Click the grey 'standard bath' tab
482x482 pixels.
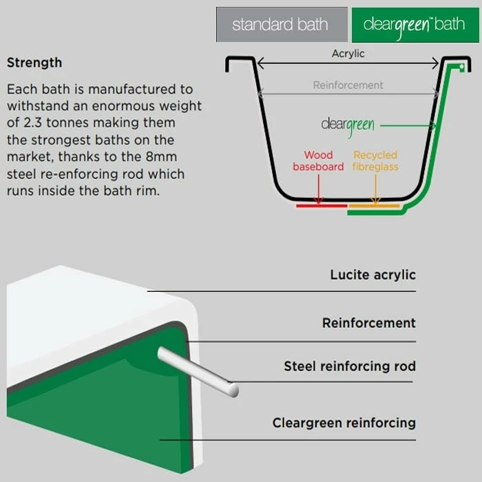coord(281,25)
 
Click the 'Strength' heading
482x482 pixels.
coord(34,63)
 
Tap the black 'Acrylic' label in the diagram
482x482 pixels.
coord(348,53)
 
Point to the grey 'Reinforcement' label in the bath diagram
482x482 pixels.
coord(348,85)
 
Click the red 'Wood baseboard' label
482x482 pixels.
coord(318,161)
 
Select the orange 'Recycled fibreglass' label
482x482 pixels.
coord(375,161)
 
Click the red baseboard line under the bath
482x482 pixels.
coord(322,205)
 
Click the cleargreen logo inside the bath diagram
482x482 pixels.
coord(348,125)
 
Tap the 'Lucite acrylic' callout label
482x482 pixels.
coord(373,275)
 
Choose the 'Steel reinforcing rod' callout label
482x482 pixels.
coord(350,366)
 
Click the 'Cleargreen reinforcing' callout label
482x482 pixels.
coord(344,423)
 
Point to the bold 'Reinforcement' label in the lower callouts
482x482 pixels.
coord(368,323)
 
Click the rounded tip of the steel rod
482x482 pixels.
coord(233,390)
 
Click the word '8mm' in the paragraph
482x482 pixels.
coord(159,158)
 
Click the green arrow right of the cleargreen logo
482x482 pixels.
coord(406,126)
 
